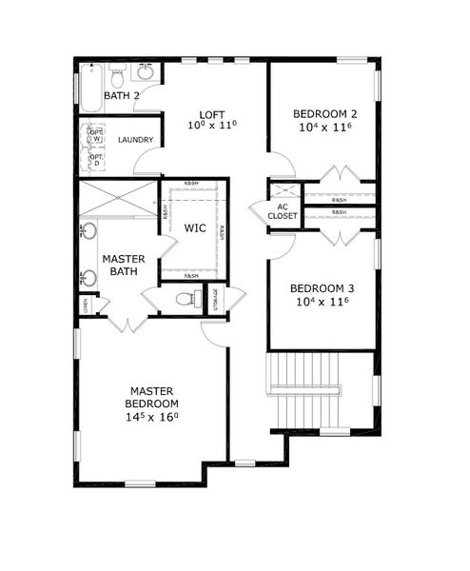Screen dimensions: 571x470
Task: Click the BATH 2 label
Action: pos(122,96)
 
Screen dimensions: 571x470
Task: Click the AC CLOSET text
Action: pos(283,211)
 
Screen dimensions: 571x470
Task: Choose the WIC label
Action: pos(195,228)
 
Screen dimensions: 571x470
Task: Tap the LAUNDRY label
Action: pos(136,140)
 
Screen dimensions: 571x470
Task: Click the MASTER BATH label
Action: pos(123,266)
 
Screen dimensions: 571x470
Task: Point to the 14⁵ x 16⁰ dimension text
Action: pos(153,417)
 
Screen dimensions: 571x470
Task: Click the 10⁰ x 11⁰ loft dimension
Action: pos(212,125)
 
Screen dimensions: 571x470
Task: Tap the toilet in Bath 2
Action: pos(118,73)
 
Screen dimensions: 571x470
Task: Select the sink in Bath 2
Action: pos(146,72)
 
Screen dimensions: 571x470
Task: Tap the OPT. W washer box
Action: pos(96,135)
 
